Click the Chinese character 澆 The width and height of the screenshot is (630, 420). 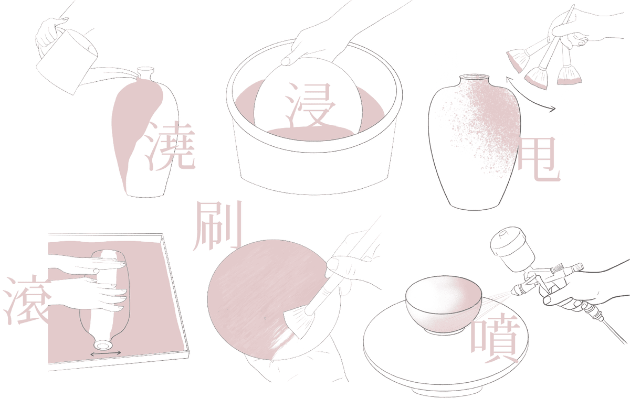170,146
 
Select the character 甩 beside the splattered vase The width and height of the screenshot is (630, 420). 538,159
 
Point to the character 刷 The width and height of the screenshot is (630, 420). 217,225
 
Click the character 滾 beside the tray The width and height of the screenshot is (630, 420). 27,300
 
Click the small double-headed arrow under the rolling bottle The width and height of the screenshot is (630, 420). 106,354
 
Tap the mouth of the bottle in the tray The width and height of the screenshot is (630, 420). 103,345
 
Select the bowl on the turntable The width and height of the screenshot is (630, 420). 444,304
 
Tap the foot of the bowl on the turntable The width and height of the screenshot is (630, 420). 444,331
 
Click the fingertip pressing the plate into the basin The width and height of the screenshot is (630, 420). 287,61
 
